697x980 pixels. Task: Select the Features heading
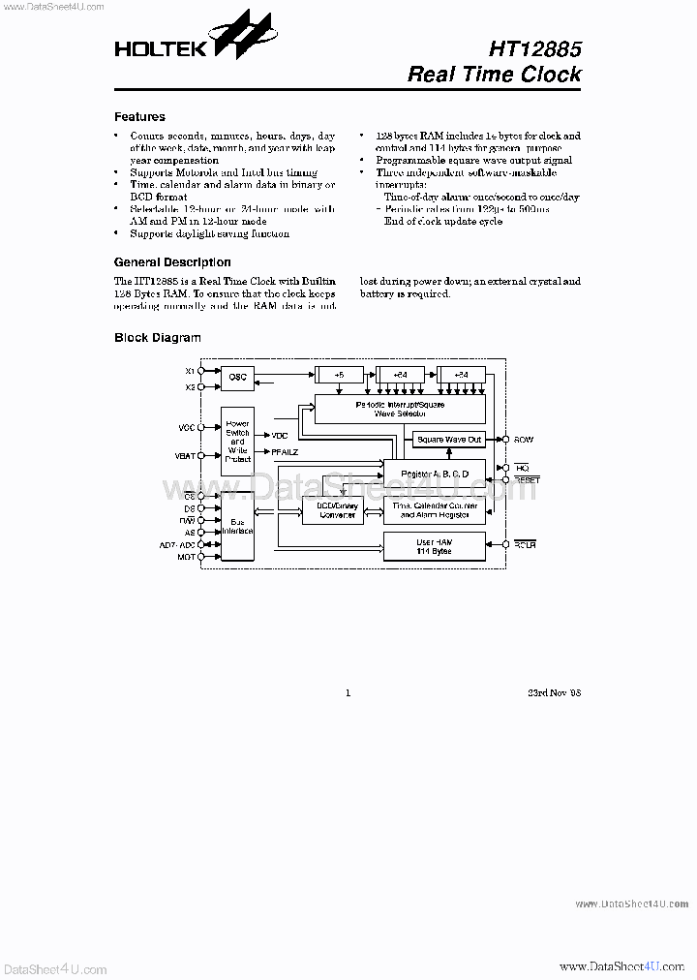[139, 117]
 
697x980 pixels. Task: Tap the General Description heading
[172, 262]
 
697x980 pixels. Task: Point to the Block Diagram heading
[157, 338]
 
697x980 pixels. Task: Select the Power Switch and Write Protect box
[237, 441]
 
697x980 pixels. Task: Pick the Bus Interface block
[237, 526]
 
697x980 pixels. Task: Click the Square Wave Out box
[447, 440]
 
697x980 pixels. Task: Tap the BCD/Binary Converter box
[332, 510]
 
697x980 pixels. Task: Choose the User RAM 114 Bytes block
[433, 546]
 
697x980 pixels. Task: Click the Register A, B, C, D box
[433, 472]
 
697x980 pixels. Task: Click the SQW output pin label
[525, 440]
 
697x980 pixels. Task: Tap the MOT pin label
[187, 558]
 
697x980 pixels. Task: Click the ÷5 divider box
[339, 374]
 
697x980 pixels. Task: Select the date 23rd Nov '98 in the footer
[555, 693]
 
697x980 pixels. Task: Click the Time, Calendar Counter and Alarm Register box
[433, 510]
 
